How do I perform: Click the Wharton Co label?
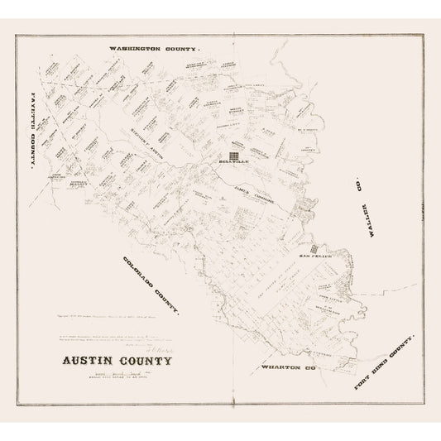point(294,341)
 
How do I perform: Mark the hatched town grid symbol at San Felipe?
point(314,248)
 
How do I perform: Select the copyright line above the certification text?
point(124,293)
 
